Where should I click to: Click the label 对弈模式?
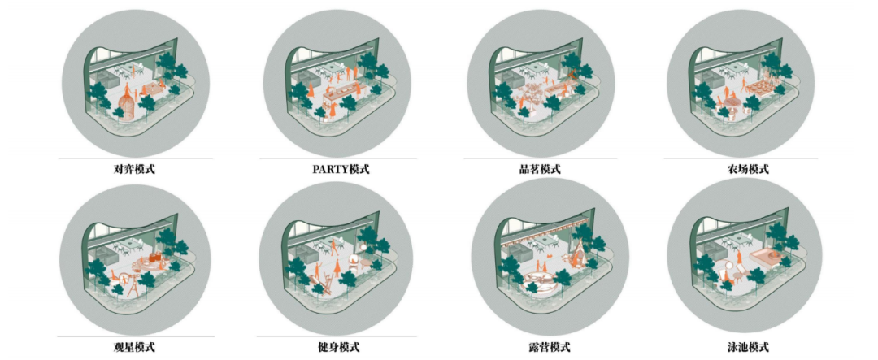[x=135, y=169]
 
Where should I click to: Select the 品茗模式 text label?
[x=540, y=169]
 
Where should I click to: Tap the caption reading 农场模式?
[x=748, y=169]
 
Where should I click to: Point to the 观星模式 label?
[x=135, y=347]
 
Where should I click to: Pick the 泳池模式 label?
[x=748, y=347]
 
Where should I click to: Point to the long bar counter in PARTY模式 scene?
[x=341, y=92]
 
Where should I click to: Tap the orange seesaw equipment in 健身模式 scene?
[x=321, y=281]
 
